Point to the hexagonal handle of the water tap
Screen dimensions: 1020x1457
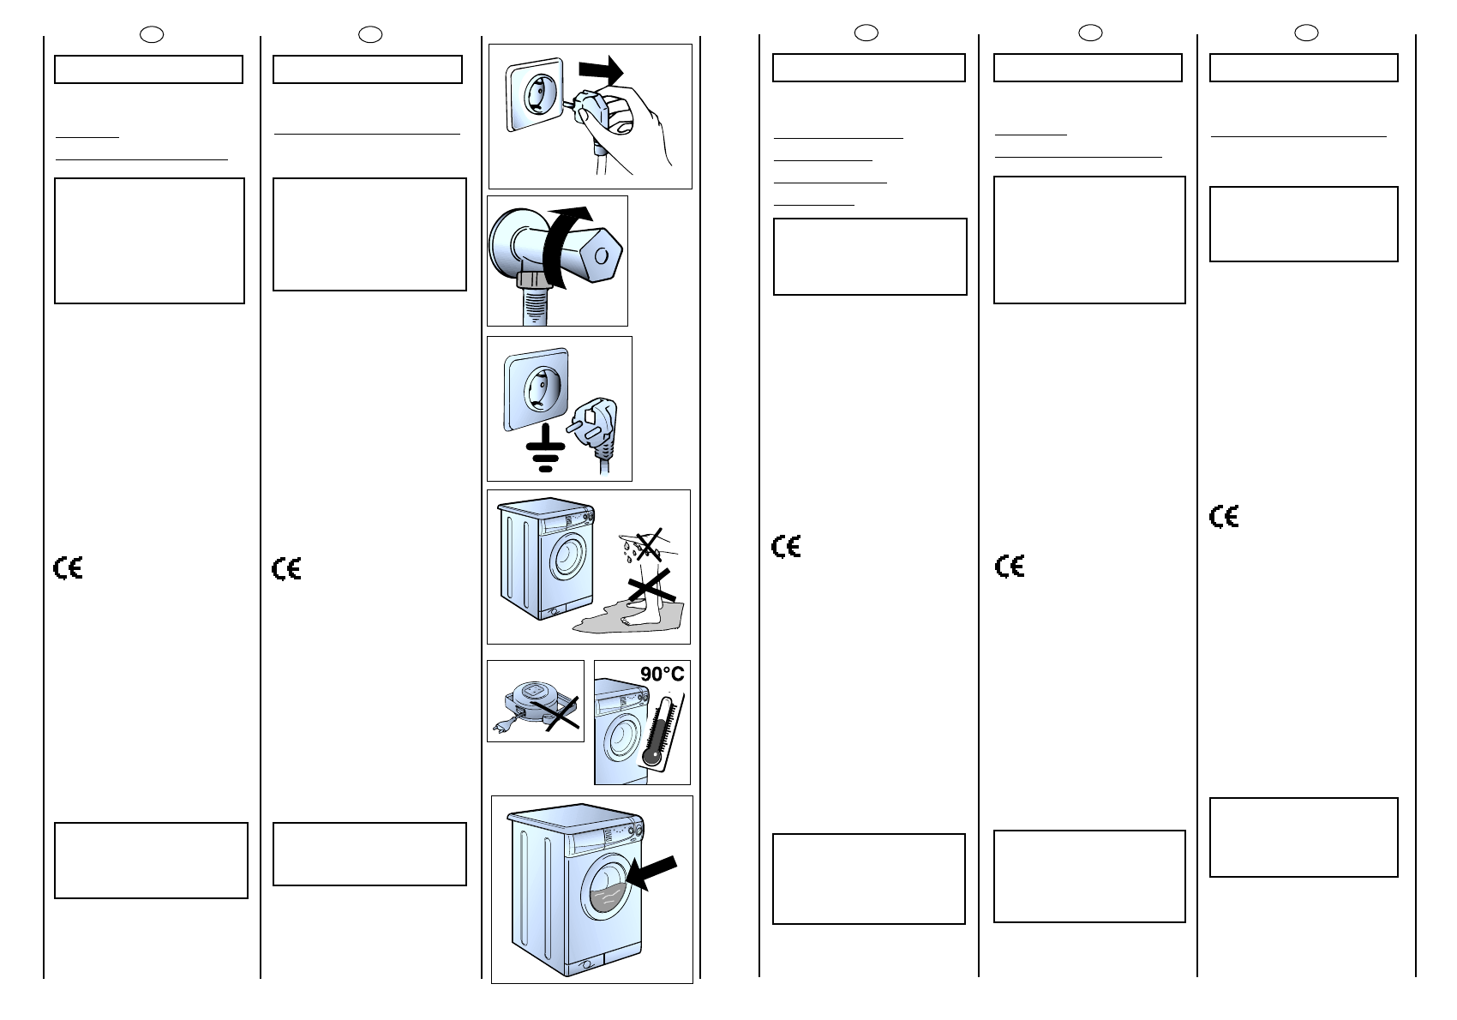coord(599,255)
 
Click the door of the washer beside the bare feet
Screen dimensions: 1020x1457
coord(566,558)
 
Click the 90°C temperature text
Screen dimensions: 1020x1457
coord(663,675)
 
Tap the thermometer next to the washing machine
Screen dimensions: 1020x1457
coord(663,729)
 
